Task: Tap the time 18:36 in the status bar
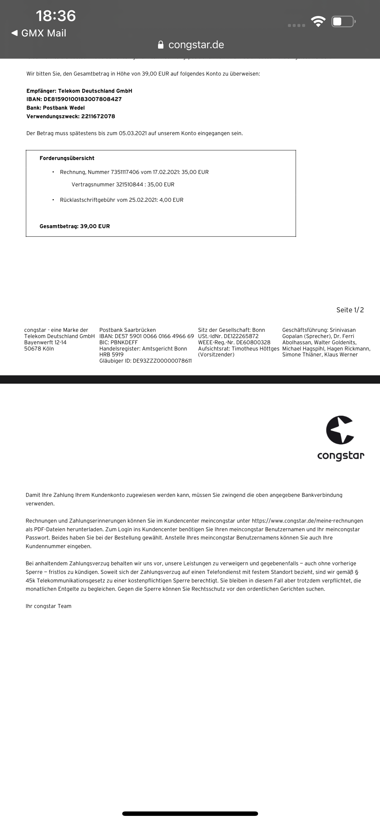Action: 56,16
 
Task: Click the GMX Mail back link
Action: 39,33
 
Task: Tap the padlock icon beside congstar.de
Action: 161,45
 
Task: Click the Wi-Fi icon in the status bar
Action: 318,22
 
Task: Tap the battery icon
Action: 343,22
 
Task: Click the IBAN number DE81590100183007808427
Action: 82,99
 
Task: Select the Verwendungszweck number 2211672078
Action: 98,116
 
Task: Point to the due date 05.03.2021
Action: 133,133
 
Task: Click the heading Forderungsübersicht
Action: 67,158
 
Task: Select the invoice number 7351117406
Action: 125,172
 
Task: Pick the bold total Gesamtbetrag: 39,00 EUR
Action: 75,226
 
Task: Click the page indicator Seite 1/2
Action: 350,310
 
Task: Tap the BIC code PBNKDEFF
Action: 124,342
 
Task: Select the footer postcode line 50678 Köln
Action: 39,349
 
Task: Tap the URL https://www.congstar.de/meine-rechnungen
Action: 307,521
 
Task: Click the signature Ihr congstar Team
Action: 49,606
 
